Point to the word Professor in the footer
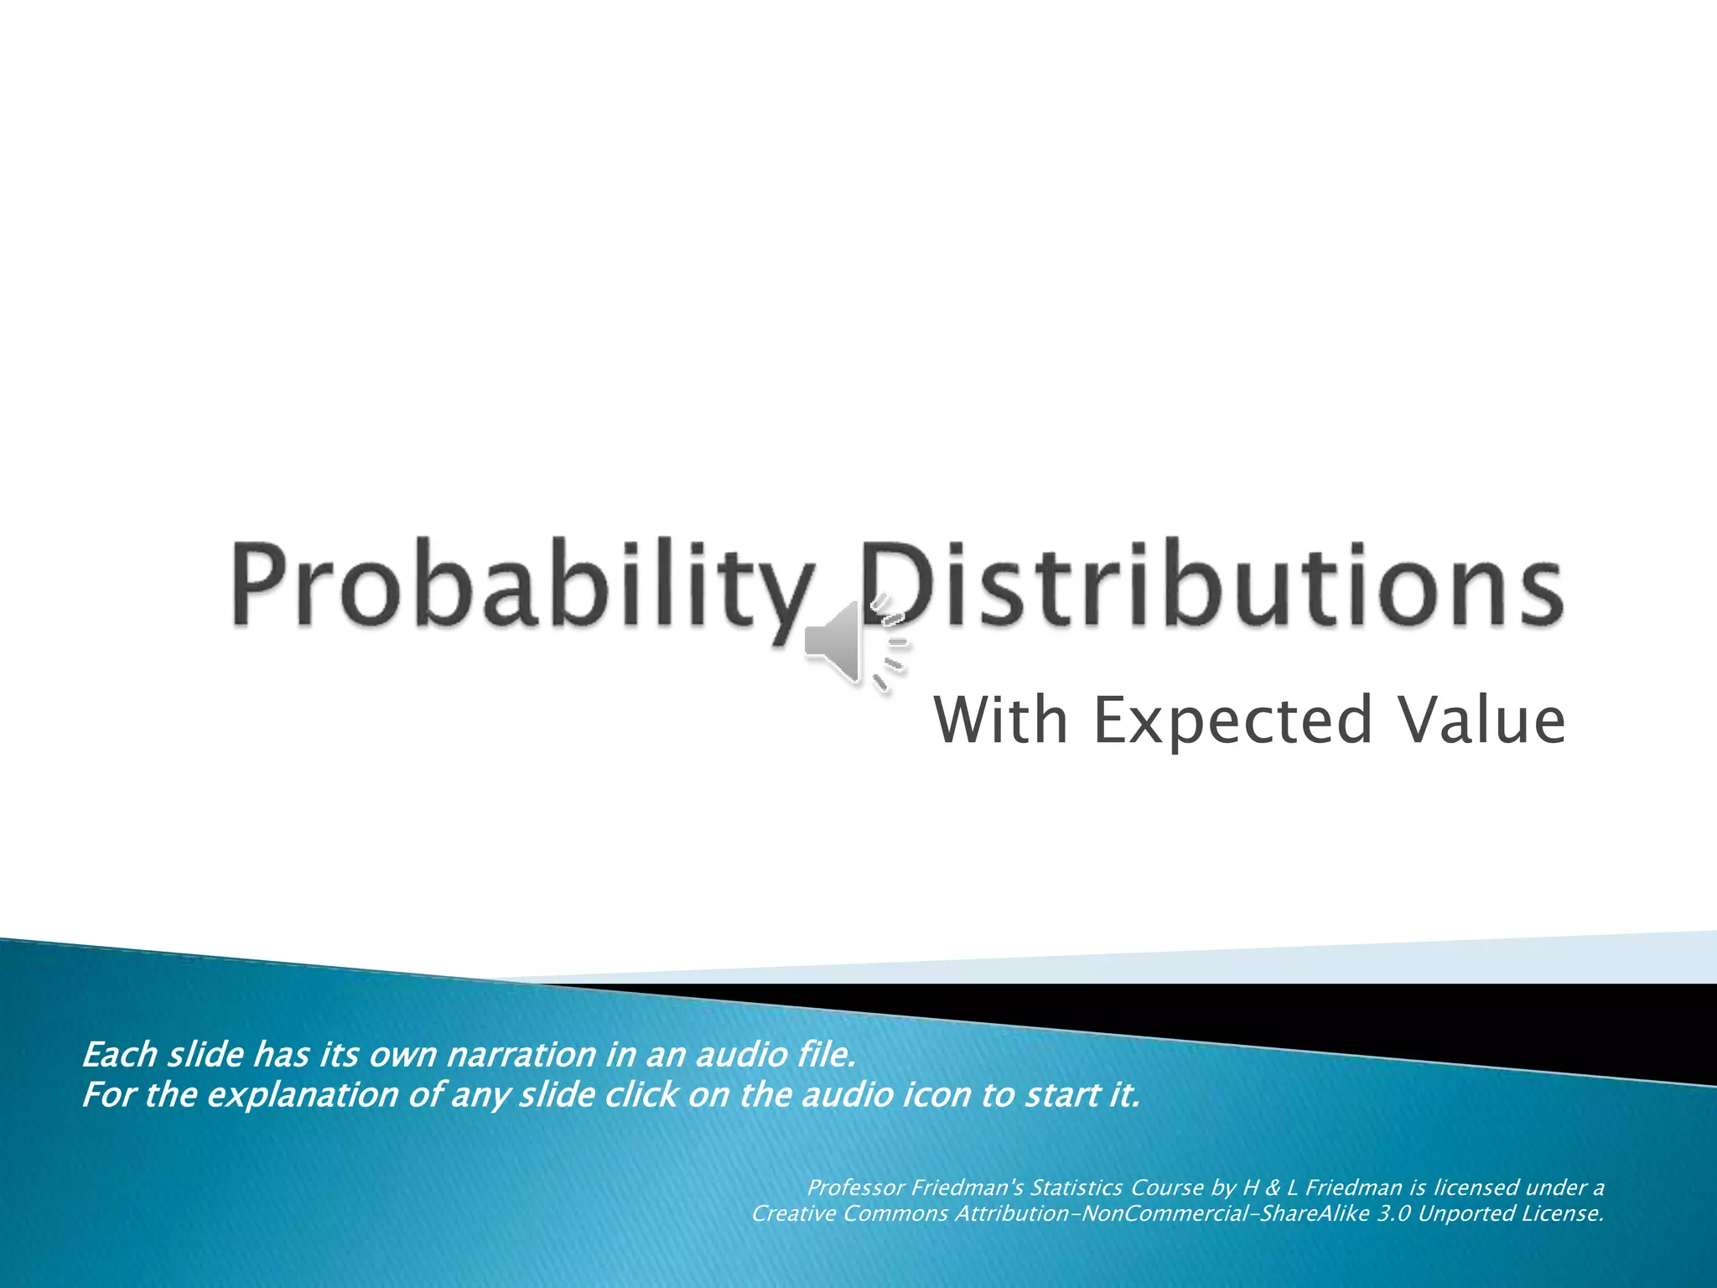click(x=856, y=1187)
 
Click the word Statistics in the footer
click(x=1076, y=1187)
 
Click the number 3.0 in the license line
click(x=1393, y=1213)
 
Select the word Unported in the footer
click(x=1460, y=1213)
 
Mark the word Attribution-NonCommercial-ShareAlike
click(x=1162, y=1213)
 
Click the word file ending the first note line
click(x=827, y=1055)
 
